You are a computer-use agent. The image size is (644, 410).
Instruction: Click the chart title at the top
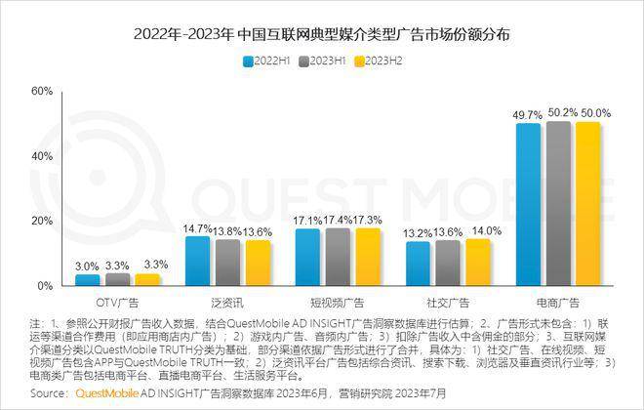coord(322,34)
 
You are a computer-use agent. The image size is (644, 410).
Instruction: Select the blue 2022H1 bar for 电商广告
coord(528,205)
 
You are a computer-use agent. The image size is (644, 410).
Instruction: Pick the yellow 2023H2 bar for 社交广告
coord(478,263)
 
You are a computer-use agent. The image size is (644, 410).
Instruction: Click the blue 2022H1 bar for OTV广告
coord(88,280)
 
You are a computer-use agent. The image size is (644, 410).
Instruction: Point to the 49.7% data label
coord(528,115)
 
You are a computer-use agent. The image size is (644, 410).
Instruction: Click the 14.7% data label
coord(198,228)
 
